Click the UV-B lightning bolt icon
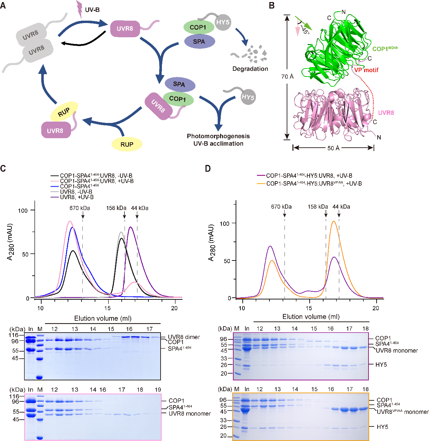tap(80, 9)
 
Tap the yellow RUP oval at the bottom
tap(127, 144)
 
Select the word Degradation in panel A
tap(250, 69)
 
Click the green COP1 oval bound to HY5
tap(198, 27)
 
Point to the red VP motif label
tap(366, 70)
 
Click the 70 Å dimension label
tap(287, 77)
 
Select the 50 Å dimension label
tap(333, 148)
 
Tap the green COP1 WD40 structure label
tap(385, 49)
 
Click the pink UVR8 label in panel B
tap(386, 113)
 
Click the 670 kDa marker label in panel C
tap(80, 208)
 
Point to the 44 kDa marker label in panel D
tap(341, 207)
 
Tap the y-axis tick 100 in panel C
tap(23, 210)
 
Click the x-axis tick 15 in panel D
tap(309, 308)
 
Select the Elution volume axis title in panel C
tap(103, 318)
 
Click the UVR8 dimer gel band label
tap(184, 337)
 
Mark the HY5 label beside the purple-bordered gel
tap(381, 365)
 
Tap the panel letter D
tap(208, 168)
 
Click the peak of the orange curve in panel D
tap(334, 222)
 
